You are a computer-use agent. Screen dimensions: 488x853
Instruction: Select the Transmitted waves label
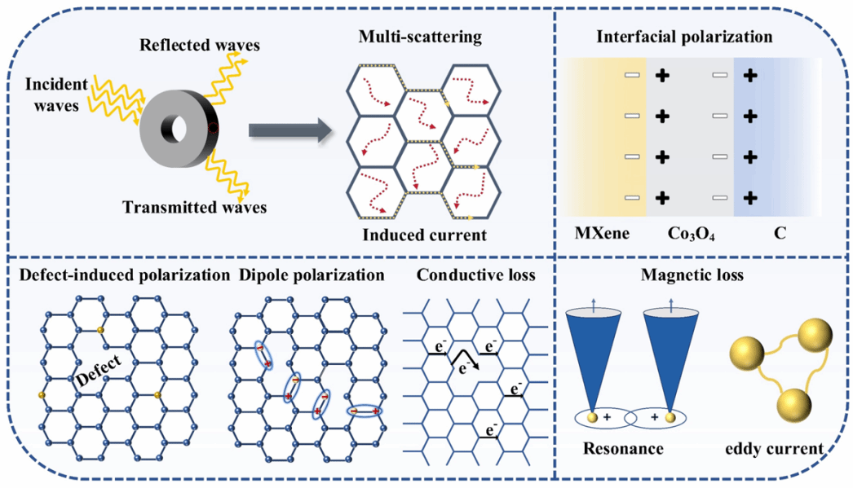click(194, 207)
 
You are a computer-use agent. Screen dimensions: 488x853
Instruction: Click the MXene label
click(603, 235)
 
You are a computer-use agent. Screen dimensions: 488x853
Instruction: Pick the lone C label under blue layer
click(780, 235)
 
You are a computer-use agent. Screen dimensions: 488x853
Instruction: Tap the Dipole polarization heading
click(312, 275)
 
